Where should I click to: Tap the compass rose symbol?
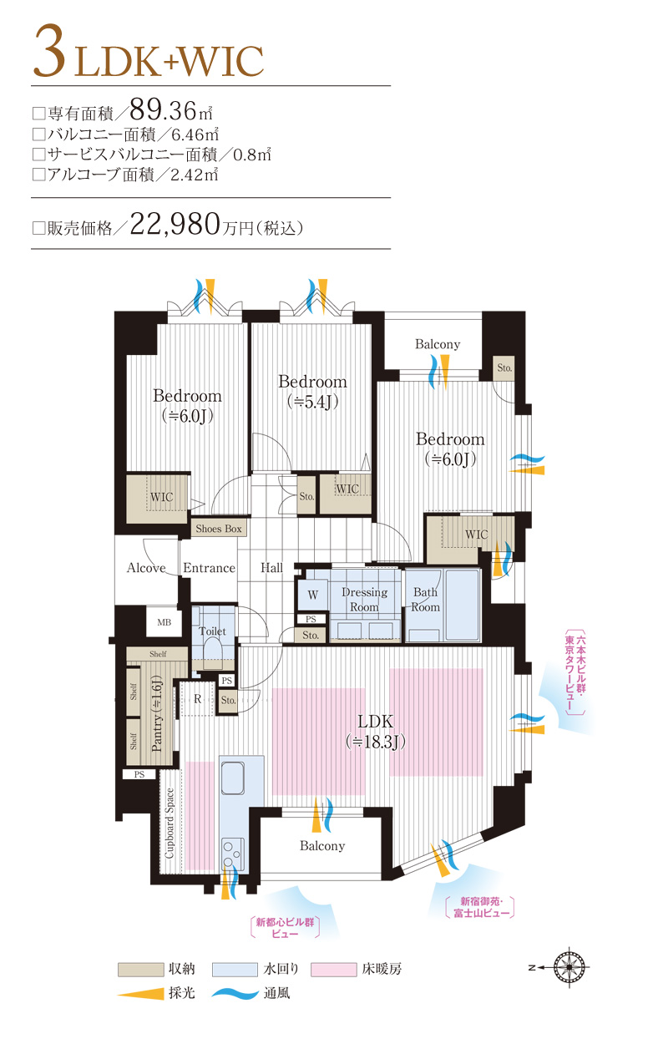pyautogui.click(x=570, y=968)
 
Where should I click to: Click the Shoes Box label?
pyautogui.click(x=219, y=529)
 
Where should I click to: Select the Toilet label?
pyautogui.click(x=213, y=631)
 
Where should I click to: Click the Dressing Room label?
pyautogui.click(x=364, y=600)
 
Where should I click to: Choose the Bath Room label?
pyautogui.click(x=425, y=600)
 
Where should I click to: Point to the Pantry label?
pyautogui.click(x=156, y=714)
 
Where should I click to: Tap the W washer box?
pyautogui.click(x=312, y=595)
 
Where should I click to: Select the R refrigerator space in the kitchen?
pyautogui.click(x=197, y=699)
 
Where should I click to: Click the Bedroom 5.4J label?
pyautogui.click(x=312, y=391)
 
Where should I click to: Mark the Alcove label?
pyautogui.click(x=146, y=568)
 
